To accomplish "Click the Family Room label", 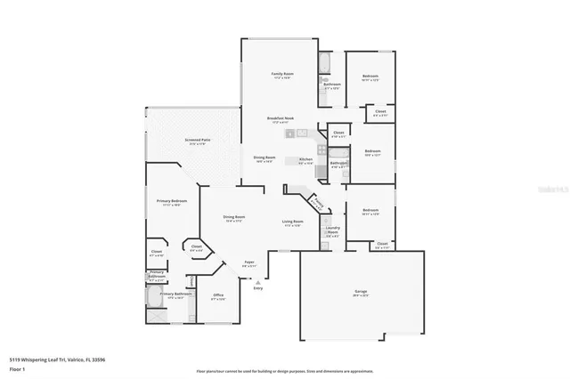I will tap(283, 74).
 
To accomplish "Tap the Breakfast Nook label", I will tap(281, 118).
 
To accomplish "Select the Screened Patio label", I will tap(198, 141).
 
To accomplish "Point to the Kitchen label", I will tap(305, 160).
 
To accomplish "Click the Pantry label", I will tap(317, 202).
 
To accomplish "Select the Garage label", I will tap(361, 292).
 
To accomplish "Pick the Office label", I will tap(217, 296).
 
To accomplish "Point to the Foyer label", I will tap(250, 262).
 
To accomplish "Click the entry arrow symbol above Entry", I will tap(257, 281).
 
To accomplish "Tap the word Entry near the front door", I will tap(258, 288).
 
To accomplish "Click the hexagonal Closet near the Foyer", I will tap(197, 247).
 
